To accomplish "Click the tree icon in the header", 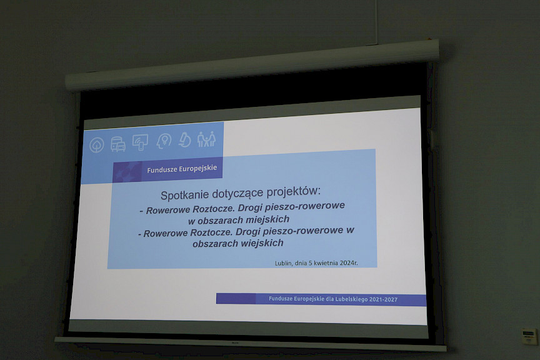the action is point(97,145).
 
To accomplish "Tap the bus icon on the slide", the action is point(118,144).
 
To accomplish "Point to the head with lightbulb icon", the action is point(164,141).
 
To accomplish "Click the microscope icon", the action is point(185,139).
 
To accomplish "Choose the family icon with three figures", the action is point(207,139).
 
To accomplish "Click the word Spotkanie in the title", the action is point(184,195).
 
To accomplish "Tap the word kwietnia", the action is point(326,263).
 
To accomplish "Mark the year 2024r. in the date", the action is point(349,262).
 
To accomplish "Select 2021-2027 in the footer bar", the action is point(384,299).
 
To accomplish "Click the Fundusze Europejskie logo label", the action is point(182,169).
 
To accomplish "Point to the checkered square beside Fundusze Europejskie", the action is point(127,171).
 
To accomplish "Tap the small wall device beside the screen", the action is point(529,336).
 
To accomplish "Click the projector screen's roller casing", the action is point(252,65).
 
